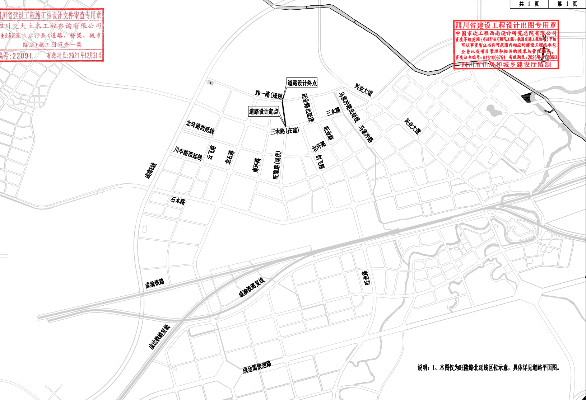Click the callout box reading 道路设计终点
(x=302, y=83)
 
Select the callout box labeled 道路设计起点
(x=264, y=111)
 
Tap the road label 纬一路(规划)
(x=269, y=94)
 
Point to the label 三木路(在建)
(x=284, y=131)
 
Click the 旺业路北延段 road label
(x=307, y=108)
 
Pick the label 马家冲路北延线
(x=349, y=107)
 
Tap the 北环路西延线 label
(x=200, y=127)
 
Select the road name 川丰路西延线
(x=188, y=153)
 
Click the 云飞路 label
(x=211, y=152)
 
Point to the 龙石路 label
(x=230, y=157)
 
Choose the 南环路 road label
(x=256, y=165)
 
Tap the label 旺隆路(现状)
(x=277, y=165)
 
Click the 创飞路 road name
(x=320, y=162)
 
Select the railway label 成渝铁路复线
(x=251, y=288)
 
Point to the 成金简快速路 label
(x=257, y=367)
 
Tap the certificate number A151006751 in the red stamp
(x=494, y=57)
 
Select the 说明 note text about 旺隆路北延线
(x=488, y=368)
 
